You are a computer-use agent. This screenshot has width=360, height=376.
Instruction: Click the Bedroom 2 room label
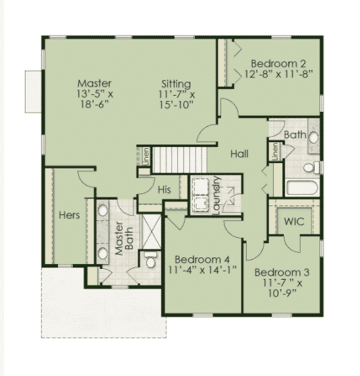tap(278, 64)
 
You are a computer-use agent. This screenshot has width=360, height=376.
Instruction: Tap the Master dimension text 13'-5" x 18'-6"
tap(95, 99)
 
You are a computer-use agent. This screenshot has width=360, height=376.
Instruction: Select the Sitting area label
tap(176, 84)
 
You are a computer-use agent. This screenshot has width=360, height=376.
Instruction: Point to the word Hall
tap(239, 154)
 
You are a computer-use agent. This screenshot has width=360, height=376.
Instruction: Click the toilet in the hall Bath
tap(311, 167)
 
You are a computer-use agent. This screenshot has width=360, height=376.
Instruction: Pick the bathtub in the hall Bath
tap(302, 187)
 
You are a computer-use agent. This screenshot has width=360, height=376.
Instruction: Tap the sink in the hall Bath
tap(313, 138)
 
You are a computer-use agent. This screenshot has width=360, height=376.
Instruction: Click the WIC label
tap(294, 221)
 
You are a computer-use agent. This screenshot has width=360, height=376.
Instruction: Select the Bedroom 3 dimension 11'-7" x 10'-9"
tap(282, 288)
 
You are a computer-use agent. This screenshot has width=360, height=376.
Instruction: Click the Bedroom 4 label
tap(202, 259)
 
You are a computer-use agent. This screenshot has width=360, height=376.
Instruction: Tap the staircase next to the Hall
tap(179, 160)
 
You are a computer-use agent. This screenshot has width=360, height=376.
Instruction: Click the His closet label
tap(164, 190)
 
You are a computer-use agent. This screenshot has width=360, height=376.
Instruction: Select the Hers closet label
tap(69, 215)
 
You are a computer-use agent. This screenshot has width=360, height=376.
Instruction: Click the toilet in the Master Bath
tap(151, 259)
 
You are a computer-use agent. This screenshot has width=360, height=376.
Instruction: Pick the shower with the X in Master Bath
tap(151, 231)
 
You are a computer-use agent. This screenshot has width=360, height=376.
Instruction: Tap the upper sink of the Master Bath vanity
tap(102, 210)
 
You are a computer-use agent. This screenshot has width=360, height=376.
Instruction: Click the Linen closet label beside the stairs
tap(146, 156)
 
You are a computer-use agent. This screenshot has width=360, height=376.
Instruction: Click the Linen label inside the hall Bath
tap(275, 152)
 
